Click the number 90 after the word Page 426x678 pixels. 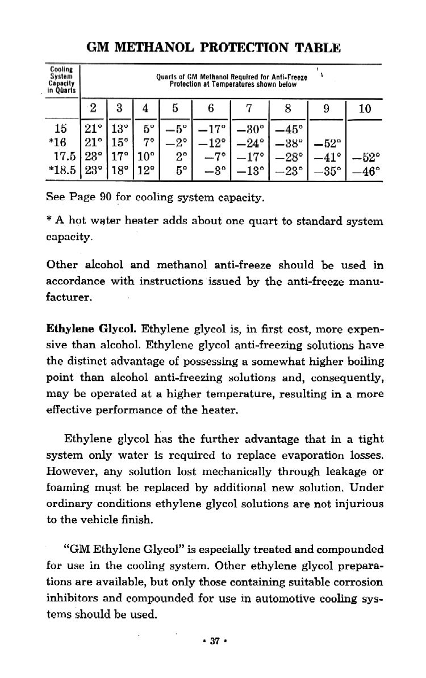coord(107,199)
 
